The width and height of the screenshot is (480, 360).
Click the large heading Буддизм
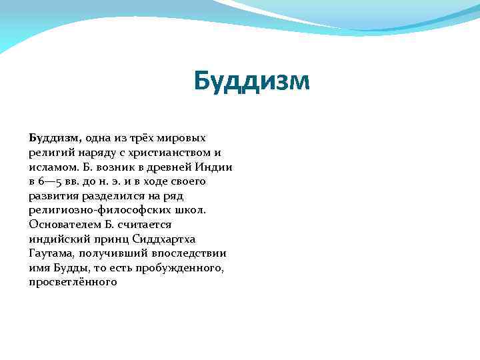pos(252,81)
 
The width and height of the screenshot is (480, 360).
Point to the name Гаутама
pos(52,253)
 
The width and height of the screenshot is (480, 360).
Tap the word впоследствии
pos(189,253)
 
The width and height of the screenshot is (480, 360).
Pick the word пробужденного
pos(181,268)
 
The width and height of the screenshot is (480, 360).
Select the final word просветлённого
pos(73,282)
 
